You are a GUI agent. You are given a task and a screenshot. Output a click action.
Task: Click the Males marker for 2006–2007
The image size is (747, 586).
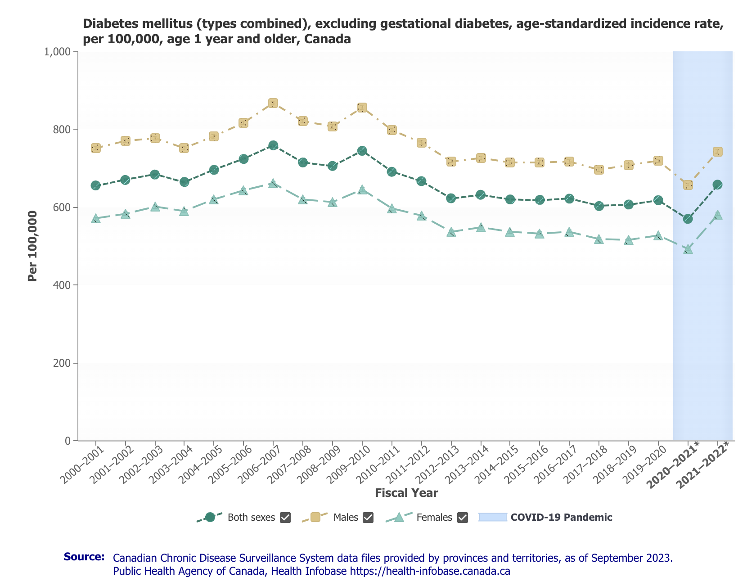tap(273, 103)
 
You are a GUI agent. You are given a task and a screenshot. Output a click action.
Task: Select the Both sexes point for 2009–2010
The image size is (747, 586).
tap(362, 151)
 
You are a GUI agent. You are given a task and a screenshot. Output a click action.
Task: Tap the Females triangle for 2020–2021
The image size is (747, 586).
tap(688, 249)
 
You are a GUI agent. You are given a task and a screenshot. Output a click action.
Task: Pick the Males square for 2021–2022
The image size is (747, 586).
tap(717, 152)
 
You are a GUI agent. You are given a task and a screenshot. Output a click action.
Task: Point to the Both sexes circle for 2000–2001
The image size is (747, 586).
tap(95, 185)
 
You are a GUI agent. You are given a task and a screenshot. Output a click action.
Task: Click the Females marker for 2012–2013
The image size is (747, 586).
tap(451, 232)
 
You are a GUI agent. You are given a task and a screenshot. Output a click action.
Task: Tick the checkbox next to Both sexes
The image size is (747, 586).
tap(285, 518)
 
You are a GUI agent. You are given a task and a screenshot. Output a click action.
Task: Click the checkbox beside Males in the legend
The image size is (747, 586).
tap(368, 518)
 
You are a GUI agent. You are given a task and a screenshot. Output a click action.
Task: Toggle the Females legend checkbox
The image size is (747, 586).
tap(462, 518)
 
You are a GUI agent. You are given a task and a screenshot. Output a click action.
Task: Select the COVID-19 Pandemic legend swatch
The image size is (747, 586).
tap(493, 517)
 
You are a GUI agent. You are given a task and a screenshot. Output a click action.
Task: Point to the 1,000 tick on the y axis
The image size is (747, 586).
tap(58, 52)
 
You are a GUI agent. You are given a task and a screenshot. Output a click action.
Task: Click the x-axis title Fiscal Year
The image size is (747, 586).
tap(406, 493)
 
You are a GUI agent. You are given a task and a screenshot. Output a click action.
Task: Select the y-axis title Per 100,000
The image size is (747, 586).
tap(32, 246)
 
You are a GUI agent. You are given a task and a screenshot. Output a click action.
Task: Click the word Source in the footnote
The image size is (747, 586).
tap(84, 557)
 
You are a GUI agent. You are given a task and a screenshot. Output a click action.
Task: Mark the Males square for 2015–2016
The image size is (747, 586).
tap(540, 162)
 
